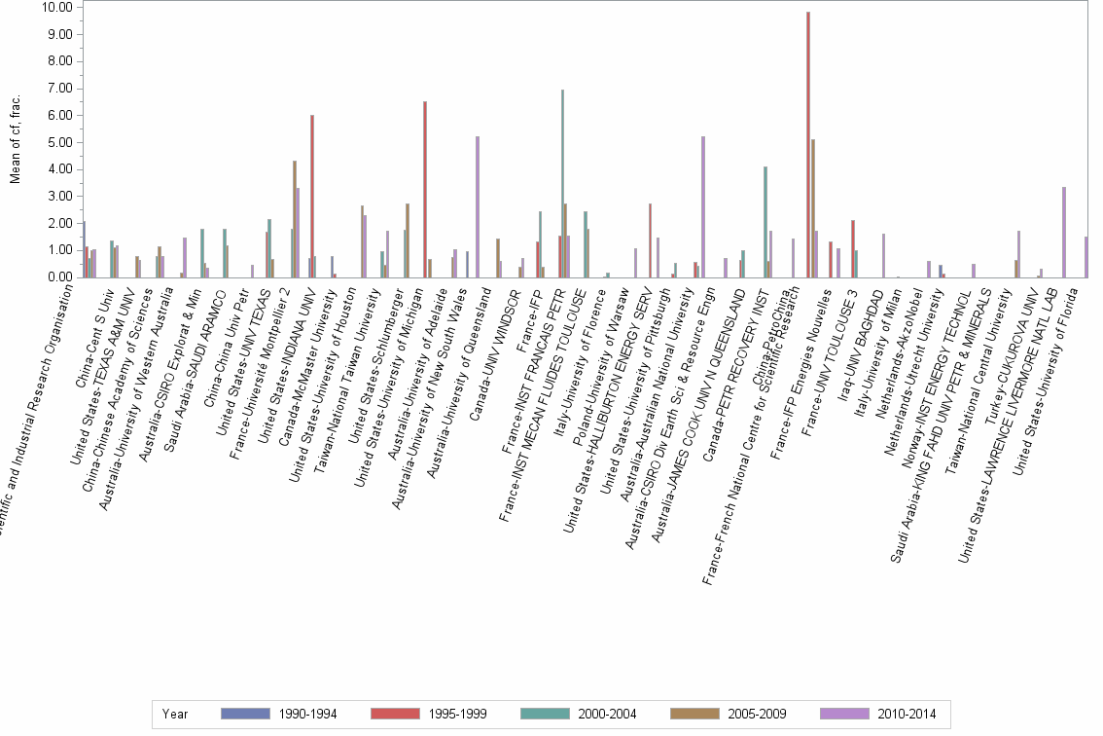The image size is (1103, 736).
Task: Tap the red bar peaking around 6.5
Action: (x=425, y=190)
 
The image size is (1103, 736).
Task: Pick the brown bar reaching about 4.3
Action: (x=295, y=219)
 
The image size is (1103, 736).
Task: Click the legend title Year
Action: (x=175, y=715)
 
